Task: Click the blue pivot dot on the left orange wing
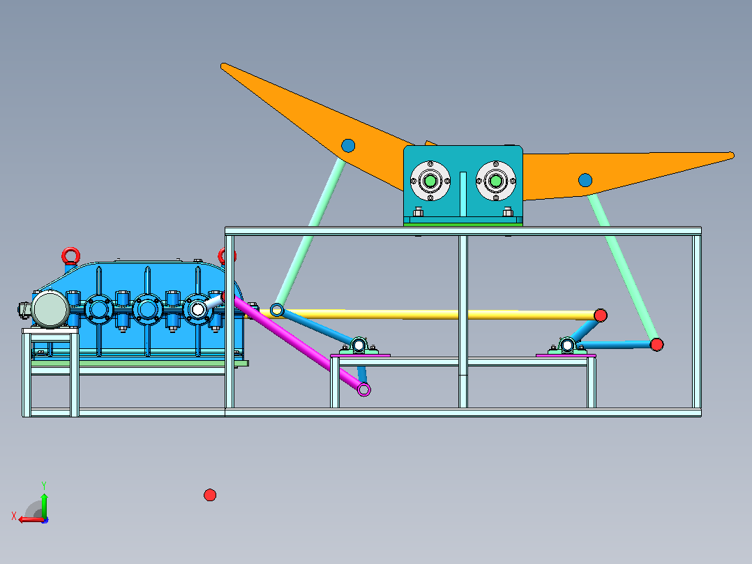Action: pyautogui.click(x=348, y=145)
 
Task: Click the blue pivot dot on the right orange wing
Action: pyautogui.click(x=585, y=181)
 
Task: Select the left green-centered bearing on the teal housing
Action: pyautogui.click(x=430, y=181)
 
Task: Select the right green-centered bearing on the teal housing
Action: pyautogui.click(x=495, y=181)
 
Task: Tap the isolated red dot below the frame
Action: pyautogui.click(x=210, y=495)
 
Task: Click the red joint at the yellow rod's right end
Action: pyautogui.click(x=601, y=316)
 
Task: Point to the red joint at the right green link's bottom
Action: pyautogui.click(x=656, y=344)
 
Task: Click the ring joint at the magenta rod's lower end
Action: pyautogui.click(x=364, y=389)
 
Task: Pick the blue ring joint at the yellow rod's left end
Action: pyautogui.click(x=277, y=310)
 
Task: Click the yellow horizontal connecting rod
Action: pyautogui.click(x=439, y=314)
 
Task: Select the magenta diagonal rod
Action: pyautogui.click(x=297, y=343)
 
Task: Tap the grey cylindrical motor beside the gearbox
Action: pyautogui.click(x=50, y=309)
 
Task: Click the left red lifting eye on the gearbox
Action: pyautogui.click(x=71, y=256)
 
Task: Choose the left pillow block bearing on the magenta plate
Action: pyautogui.click(x=359, y=346)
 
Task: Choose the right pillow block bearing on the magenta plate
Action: pyautogui.click(x=567, y=346)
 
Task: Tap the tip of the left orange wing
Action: pyautogui.click(x=223, y=66)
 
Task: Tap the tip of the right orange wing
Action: pyautogui.click(x=732, y=156)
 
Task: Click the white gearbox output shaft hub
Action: pyautogui.click(x=198, y=309)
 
